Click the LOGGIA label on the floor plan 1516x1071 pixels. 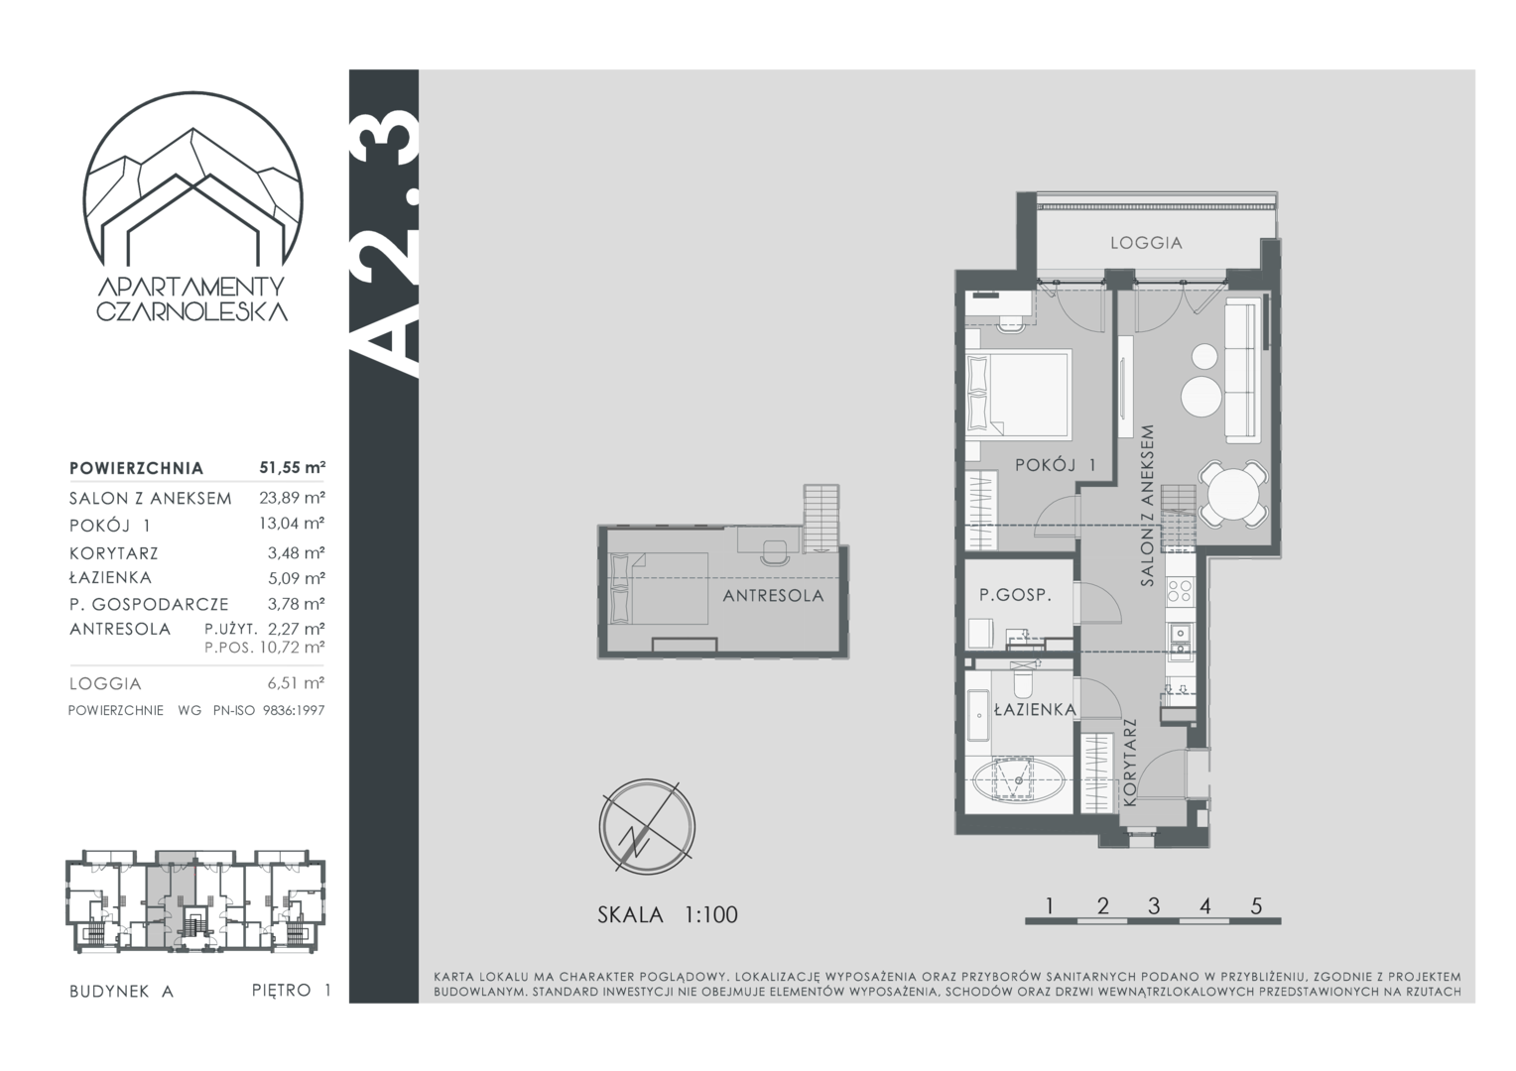tap(1146, 243)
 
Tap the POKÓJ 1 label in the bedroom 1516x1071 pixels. tap(1055, 465)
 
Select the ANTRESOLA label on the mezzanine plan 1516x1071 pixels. tap(773, 596)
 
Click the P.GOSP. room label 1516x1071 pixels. tap(1015, 595)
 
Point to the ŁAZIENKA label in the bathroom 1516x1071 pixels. tap(1035, 709)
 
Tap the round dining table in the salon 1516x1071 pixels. tap(1233, 494)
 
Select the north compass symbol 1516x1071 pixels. tap(646, 826)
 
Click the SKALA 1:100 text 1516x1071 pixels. tap(668, 914)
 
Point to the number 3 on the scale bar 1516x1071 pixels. tap(1154, 905)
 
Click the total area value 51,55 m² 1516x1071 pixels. tap(293, 467)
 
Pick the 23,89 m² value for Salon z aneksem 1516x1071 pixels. tap(293, 498)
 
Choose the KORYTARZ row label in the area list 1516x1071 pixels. tap(114, 553)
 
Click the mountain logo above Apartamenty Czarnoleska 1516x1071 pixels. tap(192, 180)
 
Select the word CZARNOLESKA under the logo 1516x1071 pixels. tap(192, 311)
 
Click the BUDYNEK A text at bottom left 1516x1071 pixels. tap(122, 991)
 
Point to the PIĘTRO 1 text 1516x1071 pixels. tap(291, 990)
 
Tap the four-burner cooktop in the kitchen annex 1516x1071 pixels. tap(1180, 591)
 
